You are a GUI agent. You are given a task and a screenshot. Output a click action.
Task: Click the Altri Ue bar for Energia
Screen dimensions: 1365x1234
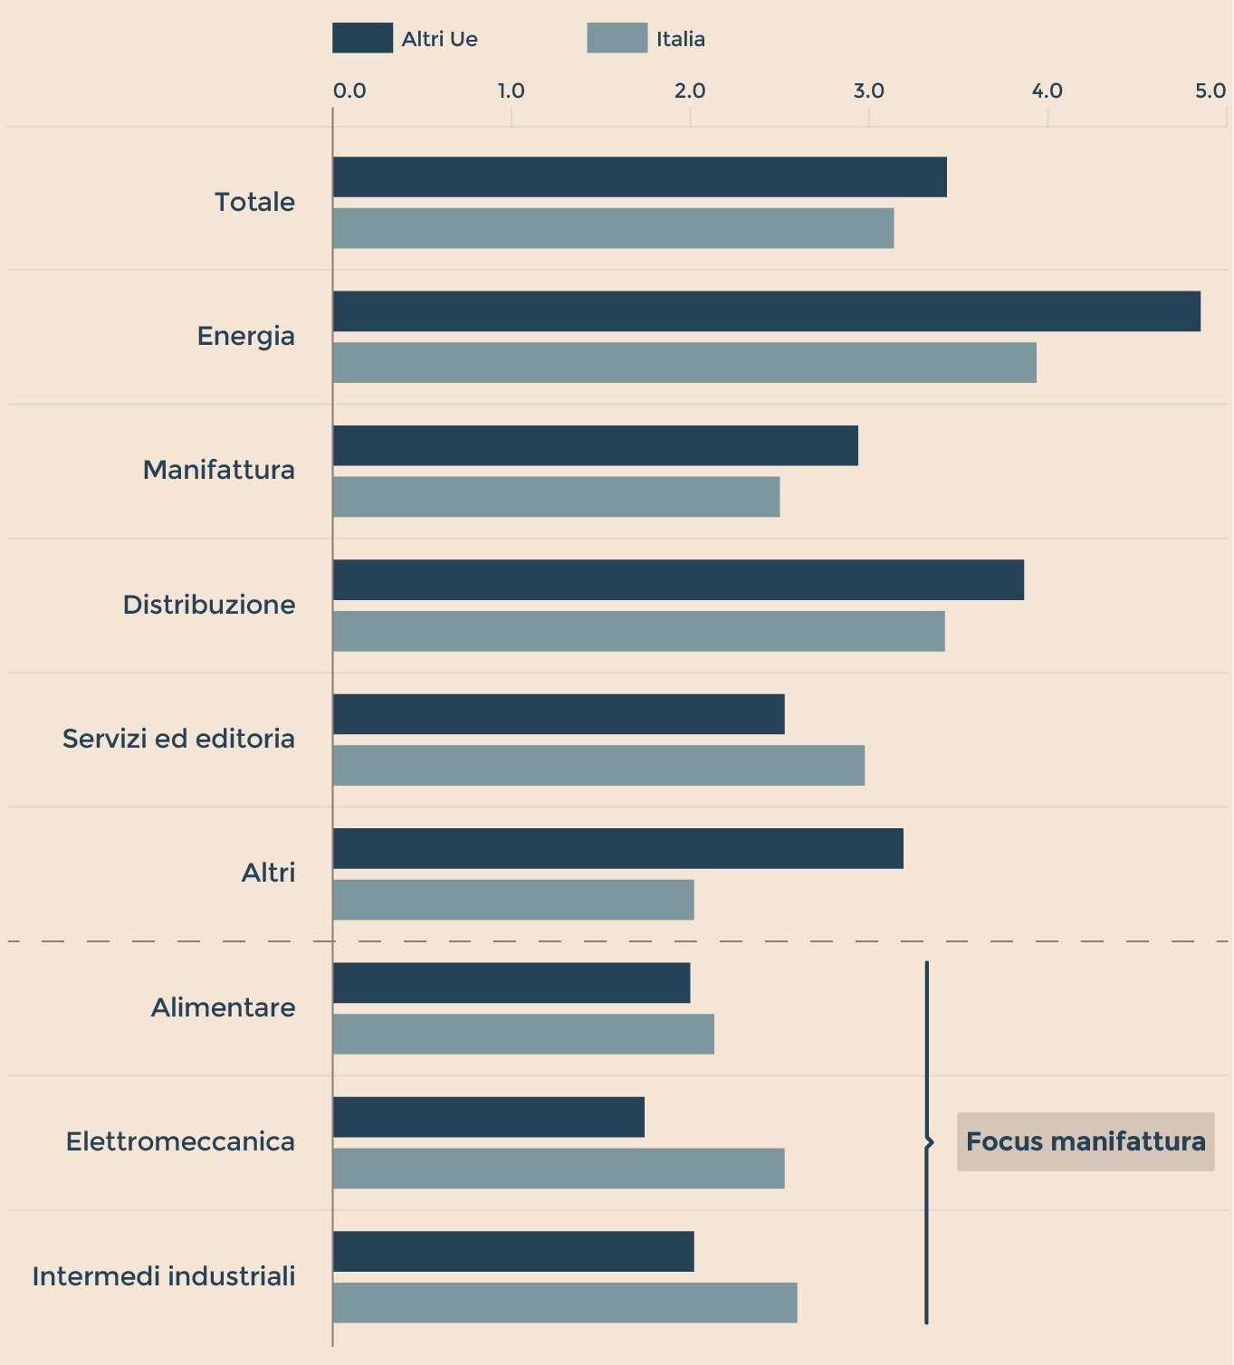pos(766,311)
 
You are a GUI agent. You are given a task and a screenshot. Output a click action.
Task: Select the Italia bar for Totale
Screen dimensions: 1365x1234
pos(613,228)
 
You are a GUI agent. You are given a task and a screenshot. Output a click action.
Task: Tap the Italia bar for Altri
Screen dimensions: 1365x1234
pos(513,900)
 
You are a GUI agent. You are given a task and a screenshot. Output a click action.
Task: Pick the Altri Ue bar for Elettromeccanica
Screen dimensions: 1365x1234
pos(489,1117)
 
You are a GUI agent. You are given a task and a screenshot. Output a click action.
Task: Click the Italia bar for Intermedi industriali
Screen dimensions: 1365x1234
pos(565,1303)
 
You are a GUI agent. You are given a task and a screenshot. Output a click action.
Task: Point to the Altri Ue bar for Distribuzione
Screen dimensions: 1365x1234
pos(678,580)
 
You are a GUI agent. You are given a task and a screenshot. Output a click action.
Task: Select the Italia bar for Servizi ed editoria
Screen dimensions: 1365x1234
pos(598,766)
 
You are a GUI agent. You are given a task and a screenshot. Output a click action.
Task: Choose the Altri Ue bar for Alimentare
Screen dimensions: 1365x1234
pos(512,983)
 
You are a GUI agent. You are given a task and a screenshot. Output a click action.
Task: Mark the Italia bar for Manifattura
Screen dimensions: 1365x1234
pos(556,497)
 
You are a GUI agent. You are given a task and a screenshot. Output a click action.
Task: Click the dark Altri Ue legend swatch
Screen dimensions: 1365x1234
pos(362,39)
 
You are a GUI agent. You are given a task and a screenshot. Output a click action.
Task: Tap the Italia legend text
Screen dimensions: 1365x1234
pos(681,40)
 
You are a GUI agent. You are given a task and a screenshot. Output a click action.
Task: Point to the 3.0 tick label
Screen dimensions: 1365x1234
pos(868,91)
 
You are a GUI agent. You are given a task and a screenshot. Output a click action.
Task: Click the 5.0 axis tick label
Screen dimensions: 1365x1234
pos(1210,91)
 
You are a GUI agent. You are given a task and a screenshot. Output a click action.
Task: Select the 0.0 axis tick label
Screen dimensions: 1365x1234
pos(349,91)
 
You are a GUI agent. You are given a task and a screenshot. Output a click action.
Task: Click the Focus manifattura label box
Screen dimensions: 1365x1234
pos(1086,1141)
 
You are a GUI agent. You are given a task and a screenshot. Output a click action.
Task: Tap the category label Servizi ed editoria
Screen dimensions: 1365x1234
pos(178,739)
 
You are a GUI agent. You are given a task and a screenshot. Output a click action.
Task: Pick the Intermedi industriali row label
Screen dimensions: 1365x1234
pos(164,1276)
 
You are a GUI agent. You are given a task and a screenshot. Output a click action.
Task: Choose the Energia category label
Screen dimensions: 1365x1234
pos(246,336)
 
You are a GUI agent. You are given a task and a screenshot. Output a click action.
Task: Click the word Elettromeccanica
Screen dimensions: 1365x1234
pos(180,1141)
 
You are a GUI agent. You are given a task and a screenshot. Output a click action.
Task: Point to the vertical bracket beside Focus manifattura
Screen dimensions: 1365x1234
pos(926,1142)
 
